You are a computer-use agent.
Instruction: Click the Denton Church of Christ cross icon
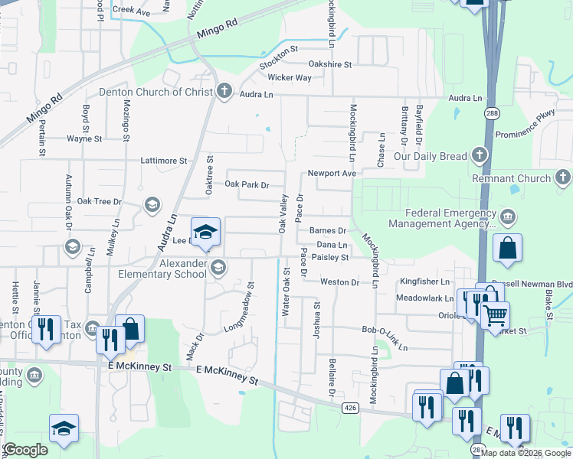[x=224, y=92]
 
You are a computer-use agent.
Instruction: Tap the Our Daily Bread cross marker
[x=480, y=155]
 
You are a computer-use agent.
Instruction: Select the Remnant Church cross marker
[x=562, y=178]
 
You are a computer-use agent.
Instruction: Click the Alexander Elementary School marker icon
[x=219, y=266]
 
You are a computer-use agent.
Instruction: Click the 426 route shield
[x=350, y=408]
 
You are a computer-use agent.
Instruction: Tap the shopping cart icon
[x=495, y=314]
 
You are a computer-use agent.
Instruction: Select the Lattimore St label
[x=164, y=161]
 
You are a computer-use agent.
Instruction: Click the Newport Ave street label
[x=332, y=174]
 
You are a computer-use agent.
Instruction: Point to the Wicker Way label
[x=290, y=78]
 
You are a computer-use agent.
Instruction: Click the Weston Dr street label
[x=339, y=282]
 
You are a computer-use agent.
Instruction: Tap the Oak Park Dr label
[x=247, y=185]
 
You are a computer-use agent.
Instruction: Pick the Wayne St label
[x=84, y=139]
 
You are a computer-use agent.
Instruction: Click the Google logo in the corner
[x=25, y=450]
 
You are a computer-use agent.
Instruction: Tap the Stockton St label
[x=278, y=58]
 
